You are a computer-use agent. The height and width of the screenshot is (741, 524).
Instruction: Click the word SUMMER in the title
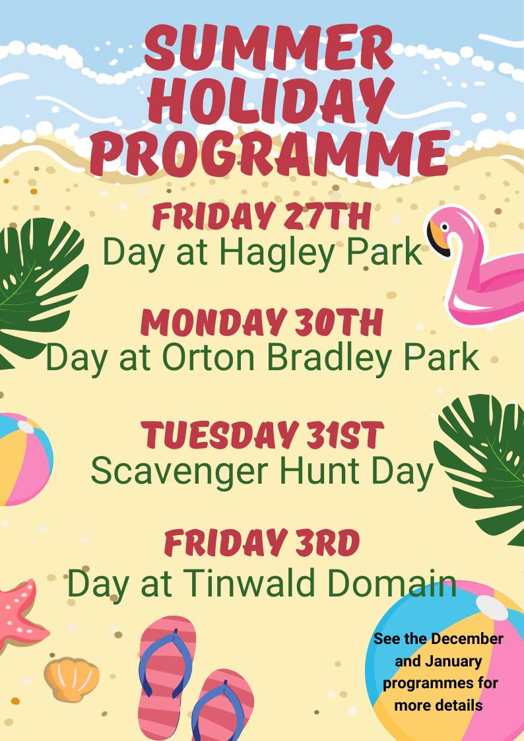[x=269, y=48]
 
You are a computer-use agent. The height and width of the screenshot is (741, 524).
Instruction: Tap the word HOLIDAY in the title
[x=271, y=101]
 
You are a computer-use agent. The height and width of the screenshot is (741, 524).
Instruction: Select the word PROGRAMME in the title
[x=270, y=152]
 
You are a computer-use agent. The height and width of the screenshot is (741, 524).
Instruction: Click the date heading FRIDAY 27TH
[x=261, y=216]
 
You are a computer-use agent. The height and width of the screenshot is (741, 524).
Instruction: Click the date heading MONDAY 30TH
[x=261, y=323]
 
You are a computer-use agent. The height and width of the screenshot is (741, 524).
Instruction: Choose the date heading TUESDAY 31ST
[x=262, y=435]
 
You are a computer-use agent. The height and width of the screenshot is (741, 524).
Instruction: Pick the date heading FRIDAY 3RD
[x=262, y=543]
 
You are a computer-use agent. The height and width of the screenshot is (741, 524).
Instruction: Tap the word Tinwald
[x=249, y=582]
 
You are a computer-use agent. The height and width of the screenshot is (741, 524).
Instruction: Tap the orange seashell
[x=72, y=678]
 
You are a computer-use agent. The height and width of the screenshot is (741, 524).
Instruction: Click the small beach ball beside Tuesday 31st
[x=24, y=459]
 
